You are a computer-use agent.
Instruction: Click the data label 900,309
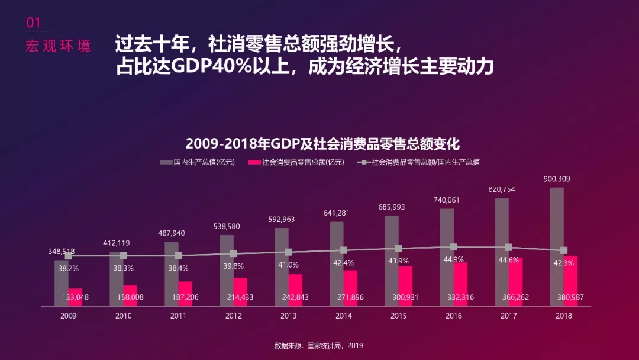pyautogui.click(x=557, y=179)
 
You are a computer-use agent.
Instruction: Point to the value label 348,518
pyautogui.click(x=62, y=252)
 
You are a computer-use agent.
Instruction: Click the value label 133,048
pyautogui.click(x=75, y=297)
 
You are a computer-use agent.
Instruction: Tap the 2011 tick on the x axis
pyautogui.click(x=178, y=316)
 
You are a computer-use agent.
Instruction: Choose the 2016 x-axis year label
pyautogui.click(x=454, y=316)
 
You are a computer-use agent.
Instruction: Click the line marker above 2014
pyautogui.click(x=343, y=250)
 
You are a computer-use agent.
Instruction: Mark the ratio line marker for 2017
pyautogui.click(x=508, y=247)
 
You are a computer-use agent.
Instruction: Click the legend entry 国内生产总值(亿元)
pyautogui.click(x=198, y=162)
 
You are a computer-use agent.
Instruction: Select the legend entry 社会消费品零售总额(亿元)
pyautogui.click(x=296, y=162)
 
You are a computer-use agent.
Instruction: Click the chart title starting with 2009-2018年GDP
pyautogui.click(x=322, y=144)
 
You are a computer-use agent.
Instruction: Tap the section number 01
pyautogui.click(x=34, y=23)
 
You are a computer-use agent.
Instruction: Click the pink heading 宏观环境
pyautogui.click(x=58, y=46)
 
